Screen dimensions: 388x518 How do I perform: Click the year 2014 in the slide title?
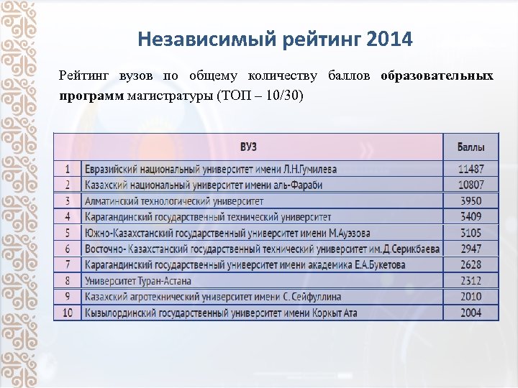click(x=389, y=39)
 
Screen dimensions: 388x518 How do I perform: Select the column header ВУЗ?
click(x=248, y=147)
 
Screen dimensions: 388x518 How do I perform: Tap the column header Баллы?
click(x=471, y=147)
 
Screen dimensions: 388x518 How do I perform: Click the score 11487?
click(x=471, y=170)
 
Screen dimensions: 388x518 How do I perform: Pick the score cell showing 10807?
click(x=471, y=185)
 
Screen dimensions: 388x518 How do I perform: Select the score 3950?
click(x=471, y=201)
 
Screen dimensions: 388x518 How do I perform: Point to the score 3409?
click(x=471, y=216)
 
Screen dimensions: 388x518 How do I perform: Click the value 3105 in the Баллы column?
click(x=471, y=233)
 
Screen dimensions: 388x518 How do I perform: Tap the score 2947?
click(x=471, y=249)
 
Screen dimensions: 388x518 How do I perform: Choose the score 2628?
click(x=471, y=264)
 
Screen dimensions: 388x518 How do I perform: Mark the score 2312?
click(x=471, y=280)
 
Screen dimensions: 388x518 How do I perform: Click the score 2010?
click(x=471, y=297)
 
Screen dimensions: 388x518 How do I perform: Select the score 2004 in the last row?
click(x=471, y=313)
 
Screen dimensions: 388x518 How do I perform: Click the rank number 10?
click(x=68, y=313)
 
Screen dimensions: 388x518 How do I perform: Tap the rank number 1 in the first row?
click(x=68, y=170)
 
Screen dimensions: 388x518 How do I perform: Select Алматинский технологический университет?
click(x=174, y=201)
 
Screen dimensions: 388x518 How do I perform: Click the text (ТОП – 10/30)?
click(x=260, y=96)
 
